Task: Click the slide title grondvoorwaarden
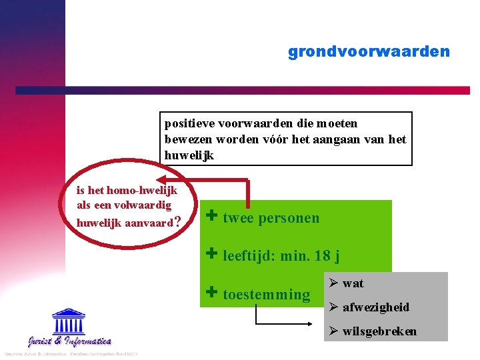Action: click(369, 51)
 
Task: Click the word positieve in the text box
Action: click(187, 123)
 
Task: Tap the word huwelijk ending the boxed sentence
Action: click(179, 155)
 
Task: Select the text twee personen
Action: click(271, 218)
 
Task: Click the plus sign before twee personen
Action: click(212, 216)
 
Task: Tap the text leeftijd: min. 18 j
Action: click(281, 255)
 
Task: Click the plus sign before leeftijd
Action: click(212, 253)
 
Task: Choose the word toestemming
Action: click(266, 295)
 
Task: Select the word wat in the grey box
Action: click(353, 283)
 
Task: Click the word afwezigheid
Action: click(375, 307)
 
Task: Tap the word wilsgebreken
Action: click(379, 331)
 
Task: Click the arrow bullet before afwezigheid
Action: click(334, 307)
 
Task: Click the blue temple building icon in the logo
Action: click(69, 322)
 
